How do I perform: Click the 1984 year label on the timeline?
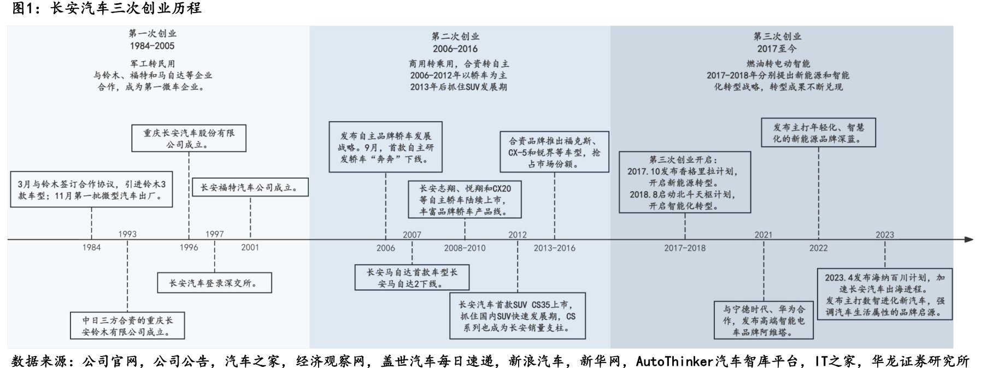[x=91, y=247]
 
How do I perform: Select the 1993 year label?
[x=127, y=234]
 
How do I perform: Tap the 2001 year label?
[x=250, y=247]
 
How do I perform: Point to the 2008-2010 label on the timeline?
[x=465, y=248]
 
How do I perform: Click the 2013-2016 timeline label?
[x=554, y=248]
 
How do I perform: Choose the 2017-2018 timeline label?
[x=684, y=248]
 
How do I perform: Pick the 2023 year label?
[x=884, y=235]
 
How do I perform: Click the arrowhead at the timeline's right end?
[x=968, y=240]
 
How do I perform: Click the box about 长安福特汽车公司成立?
[x=250, y=187]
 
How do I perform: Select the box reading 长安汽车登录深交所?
[x=214, y=283]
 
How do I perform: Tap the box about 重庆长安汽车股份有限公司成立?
[x=189, y=139]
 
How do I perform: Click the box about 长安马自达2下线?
[x=412, y=278]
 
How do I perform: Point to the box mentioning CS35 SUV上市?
[x=517, y=316]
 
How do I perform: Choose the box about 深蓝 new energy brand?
[x=818, y=133]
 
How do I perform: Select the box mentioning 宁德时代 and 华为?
[x=763, y=320]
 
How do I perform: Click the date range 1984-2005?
[x=152, y=46]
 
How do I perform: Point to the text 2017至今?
[x=777, y=49]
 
